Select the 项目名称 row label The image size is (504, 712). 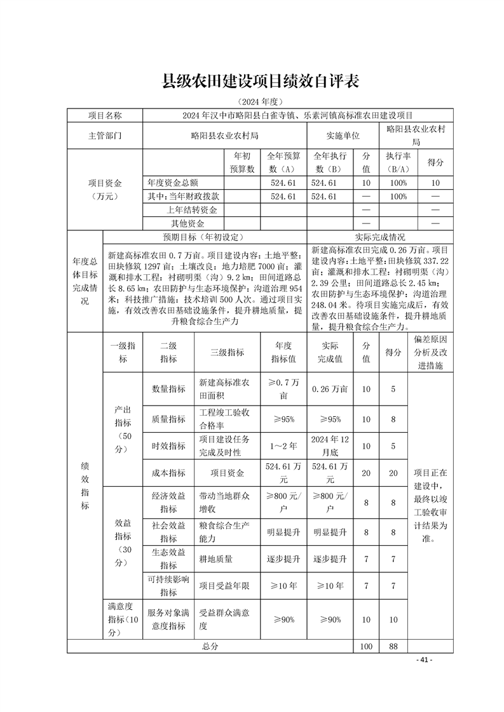pyautogui.click(x=105, y=115)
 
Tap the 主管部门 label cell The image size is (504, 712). pyautogui.click(x=105, y=136)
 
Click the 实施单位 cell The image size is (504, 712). pyautogui.click(x=343, y=136)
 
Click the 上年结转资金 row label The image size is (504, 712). pyautogui.click(x=191, y=210)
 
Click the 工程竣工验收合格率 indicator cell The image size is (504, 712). pyautogui.click(x=224, y=419)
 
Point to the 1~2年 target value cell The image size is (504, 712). pyautogui.click(x=283, y=446)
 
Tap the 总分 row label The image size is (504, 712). pyautogui.click(x=210, y=646)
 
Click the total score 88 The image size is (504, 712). pyautogui.click(x=393, y=646)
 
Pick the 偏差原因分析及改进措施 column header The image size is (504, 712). pyautogui.click(x=430, y=352)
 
